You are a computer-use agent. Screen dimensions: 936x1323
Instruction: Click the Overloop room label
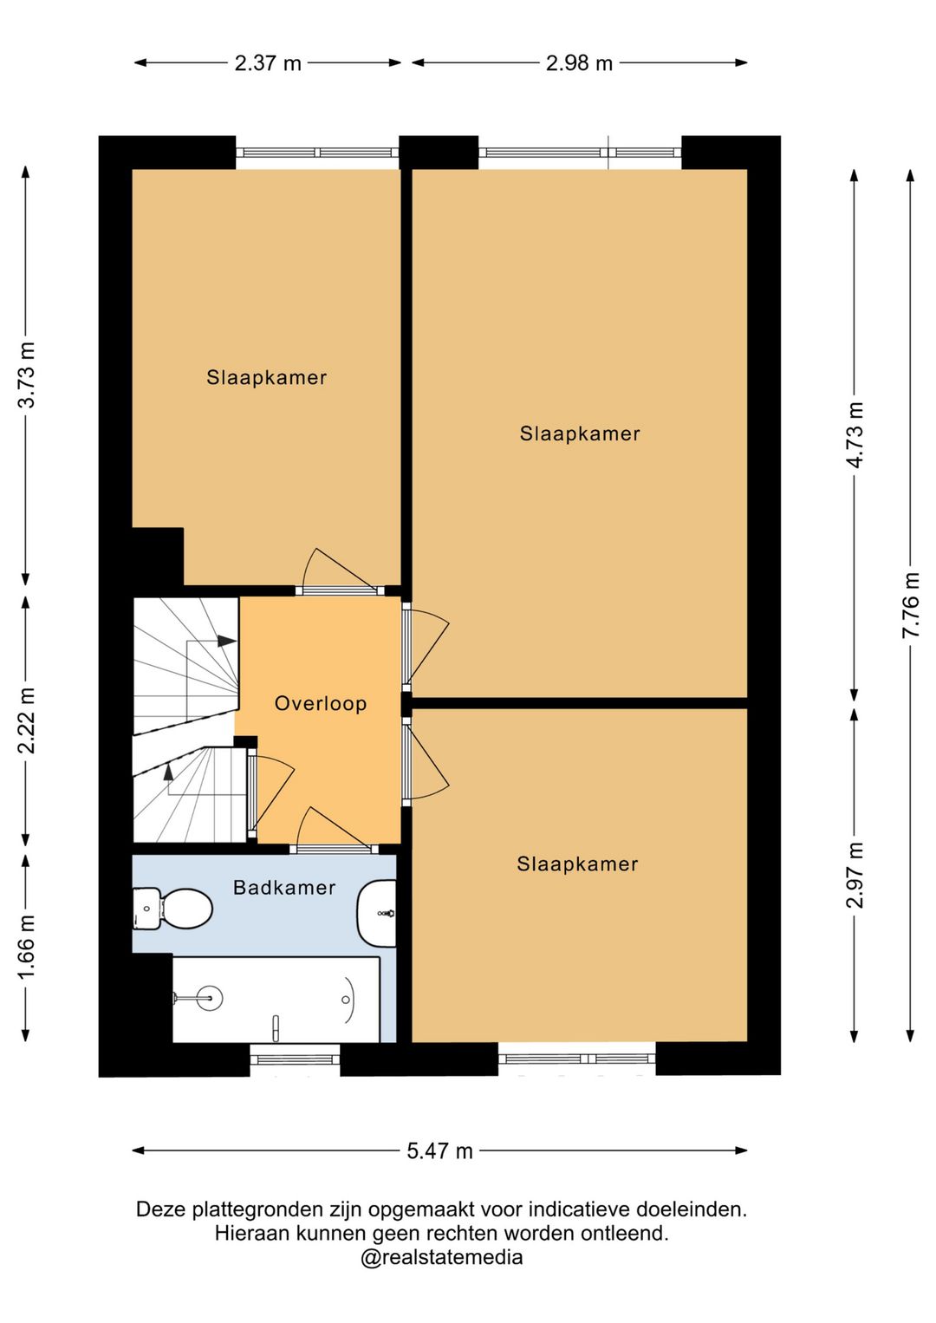[x=321, y=703]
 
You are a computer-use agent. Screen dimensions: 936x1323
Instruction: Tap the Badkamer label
[x=284, y=887]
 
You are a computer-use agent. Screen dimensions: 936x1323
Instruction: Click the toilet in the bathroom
[x=172, y=909]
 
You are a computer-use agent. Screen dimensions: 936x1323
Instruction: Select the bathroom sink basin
[x=377, y=913]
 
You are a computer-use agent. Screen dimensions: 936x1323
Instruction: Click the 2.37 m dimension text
[x=268, y=63]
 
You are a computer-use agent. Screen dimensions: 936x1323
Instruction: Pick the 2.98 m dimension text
[x=579, y=63]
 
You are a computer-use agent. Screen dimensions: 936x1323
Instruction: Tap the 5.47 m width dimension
[x=440, y=1150]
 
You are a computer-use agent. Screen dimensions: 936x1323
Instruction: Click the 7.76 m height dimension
[x=911, y=605]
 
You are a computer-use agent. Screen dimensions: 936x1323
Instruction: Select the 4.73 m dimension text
[x=855, y=434]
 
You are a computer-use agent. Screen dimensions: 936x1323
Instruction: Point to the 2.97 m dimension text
[x=855, y=875]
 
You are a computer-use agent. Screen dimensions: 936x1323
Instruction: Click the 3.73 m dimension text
[x=26, y=375]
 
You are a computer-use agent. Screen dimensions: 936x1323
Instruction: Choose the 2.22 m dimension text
[x=26, y=720]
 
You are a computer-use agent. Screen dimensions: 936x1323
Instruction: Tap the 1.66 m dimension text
[x=26, y=948]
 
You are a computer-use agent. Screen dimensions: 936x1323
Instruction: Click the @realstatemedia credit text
[x=442, y=1257]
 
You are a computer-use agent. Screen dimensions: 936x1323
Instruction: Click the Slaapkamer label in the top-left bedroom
[x=266, y=377]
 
